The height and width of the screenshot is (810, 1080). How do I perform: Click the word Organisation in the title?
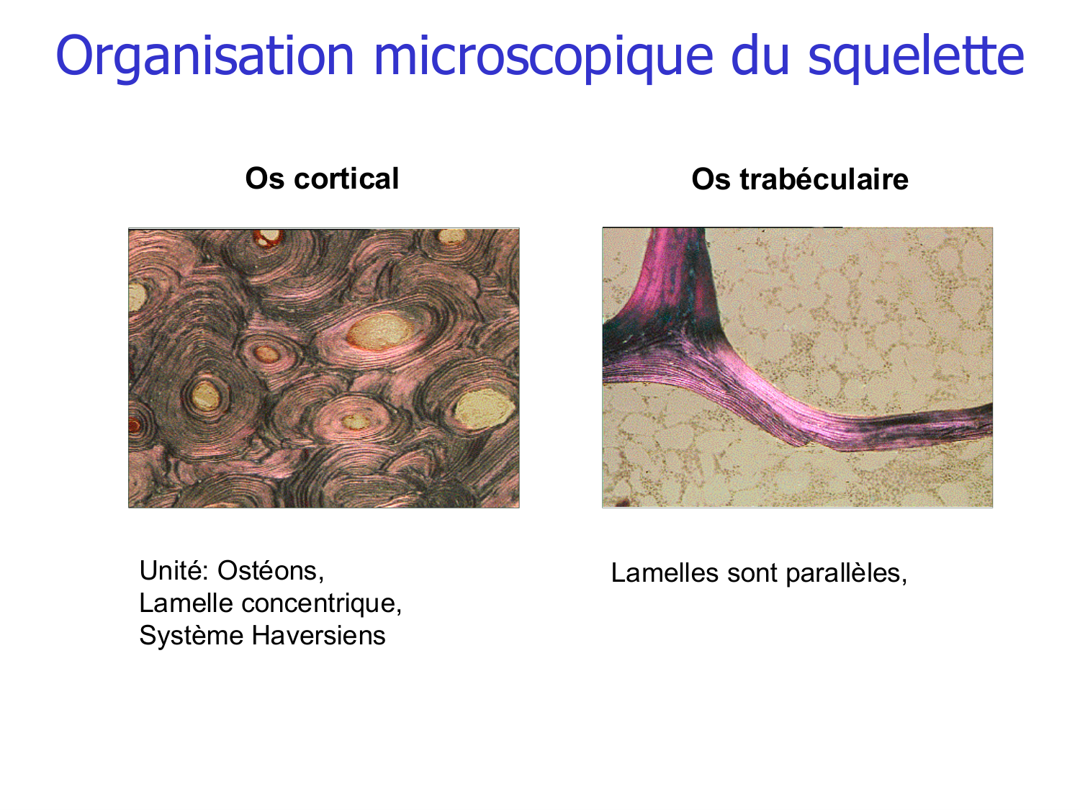tap(205, 56)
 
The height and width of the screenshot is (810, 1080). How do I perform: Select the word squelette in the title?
tap(916, 56)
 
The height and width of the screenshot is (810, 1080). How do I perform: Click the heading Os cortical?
tap(322, 179)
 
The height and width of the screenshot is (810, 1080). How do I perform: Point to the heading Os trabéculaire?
tap(799, 179)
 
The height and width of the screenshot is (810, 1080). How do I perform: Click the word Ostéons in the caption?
tap(271, 570)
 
